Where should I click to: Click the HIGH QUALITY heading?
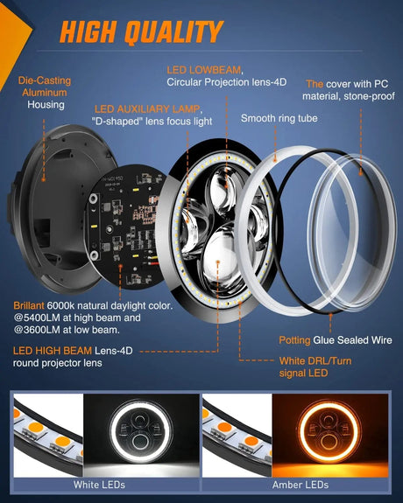141,32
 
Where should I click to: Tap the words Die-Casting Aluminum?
44,86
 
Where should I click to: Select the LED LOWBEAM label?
204,69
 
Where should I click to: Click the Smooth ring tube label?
279,117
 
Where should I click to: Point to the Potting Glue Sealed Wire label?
329,338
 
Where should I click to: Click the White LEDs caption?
100,484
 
